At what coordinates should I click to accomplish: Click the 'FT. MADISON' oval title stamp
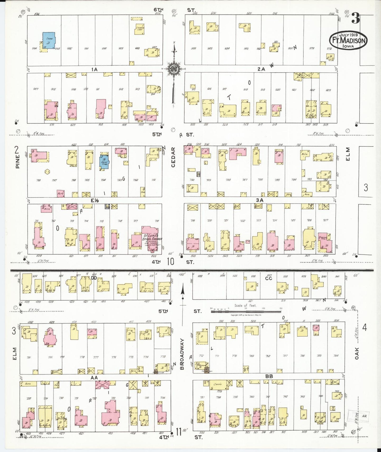(x=348, y=40)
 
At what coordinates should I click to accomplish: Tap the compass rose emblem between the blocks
(x=174, y=69)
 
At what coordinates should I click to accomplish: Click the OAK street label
(x=357, y=353)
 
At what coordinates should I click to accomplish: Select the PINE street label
(x=17, y=161)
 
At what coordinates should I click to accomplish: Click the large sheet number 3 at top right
(x=355, y=19)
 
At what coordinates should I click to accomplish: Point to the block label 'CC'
(x=268, y=278)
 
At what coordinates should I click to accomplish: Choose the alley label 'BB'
(x=269, y=377)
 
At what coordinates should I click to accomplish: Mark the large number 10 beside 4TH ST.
(x=170, y=262)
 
